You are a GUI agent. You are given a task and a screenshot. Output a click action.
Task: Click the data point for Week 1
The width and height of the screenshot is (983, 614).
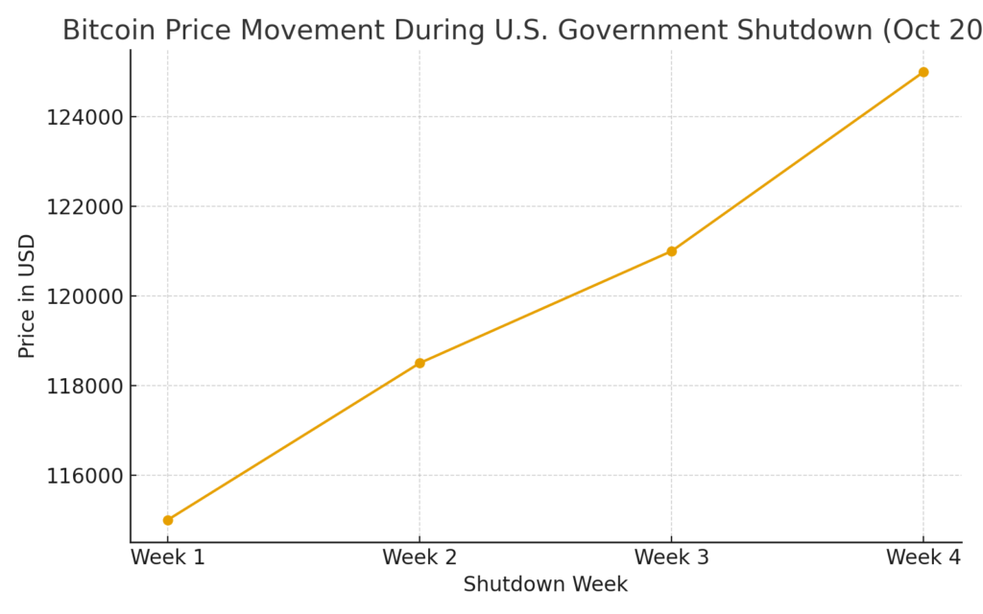point(168,520)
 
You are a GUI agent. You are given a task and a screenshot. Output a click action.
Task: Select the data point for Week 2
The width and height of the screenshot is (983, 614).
point(420,363)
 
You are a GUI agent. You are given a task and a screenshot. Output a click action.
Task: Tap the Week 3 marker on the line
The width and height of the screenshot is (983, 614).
point(671,251)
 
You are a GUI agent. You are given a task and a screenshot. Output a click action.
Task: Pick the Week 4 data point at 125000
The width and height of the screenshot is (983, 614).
point(923,72)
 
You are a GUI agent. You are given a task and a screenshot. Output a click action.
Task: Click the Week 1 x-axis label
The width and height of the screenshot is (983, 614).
point(168,556)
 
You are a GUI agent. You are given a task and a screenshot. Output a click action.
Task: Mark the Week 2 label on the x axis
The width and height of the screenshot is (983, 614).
point(420,556)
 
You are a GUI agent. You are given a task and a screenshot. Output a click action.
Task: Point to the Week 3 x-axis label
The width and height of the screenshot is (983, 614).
point(671,556)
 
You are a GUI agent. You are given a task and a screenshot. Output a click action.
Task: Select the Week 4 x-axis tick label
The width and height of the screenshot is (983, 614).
point(923,556)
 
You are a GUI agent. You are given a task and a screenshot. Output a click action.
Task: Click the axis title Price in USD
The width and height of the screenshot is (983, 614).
point(27,296)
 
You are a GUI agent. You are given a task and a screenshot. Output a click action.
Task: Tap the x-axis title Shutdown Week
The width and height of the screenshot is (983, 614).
point(545,584)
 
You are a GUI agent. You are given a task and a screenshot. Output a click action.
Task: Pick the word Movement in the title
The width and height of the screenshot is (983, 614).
point(313,31)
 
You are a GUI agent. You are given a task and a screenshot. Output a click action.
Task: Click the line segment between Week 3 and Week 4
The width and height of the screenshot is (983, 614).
point(797,162)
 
